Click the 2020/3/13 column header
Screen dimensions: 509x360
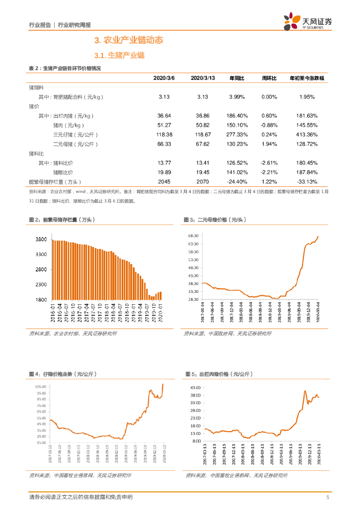click(x=202, y=79)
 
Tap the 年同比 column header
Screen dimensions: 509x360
click(x=237, y=79)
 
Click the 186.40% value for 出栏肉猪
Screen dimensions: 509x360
click(x=237, y=115)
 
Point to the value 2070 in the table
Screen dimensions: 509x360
click(x=202, y=182)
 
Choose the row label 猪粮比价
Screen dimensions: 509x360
click(x=63, y=172)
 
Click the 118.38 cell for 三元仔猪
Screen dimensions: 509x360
click(x=165, y=134)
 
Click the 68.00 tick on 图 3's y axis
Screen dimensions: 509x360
click(x=193, y=236)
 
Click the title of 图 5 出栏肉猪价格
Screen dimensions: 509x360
click(x=219, y=374)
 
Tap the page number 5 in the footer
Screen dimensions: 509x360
click(x=328, y=497)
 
